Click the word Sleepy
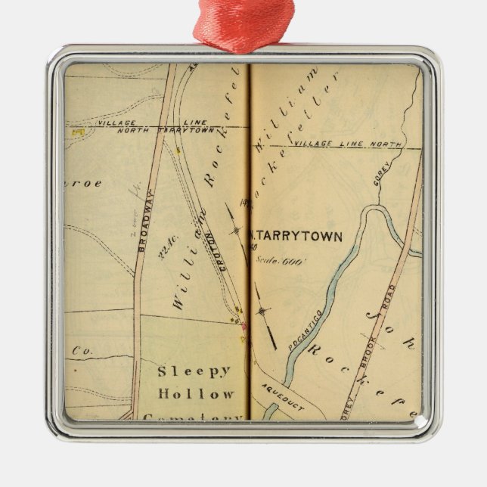pos(194,371)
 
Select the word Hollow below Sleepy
pos(196,394)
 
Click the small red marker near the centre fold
pos(243,326)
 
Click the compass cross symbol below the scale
pos(262,311)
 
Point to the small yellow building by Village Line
pos(76,132)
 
